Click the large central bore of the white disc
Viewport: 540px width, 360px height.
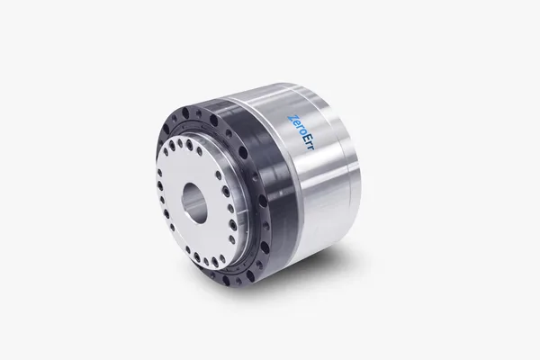click(194, 198)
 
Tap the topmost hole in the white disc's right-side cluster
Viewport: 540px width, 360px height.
click(225, 190)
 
